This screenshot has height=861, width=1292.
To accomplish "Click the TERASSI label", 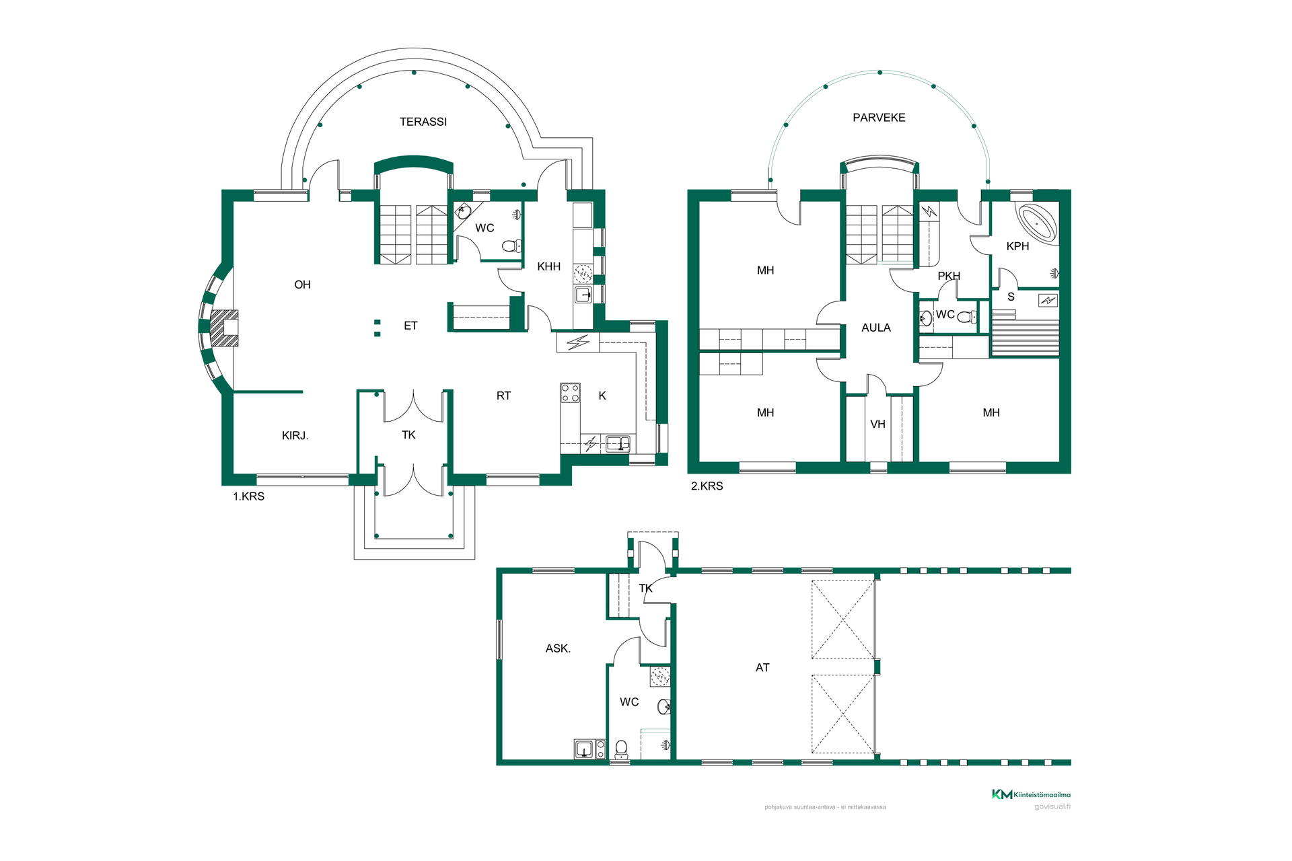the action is (x=423, y=122).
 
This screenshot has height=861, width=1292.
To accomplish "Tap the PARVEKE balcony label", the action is (x=879, y=118).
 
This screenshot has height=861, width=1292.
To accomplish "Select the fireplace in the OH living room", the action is (x=224, y=328).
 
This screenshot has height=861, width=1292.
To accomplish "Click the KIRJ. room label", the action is (x=295, y=436).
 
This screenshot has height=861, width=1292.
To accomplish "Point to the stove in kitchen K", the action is (x=570, y=393).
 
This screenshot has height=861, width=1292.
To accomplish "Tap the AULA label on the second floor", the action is (x=876, y=328).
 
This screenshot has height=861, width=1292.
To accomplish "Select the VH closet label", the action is (x=877, y=424).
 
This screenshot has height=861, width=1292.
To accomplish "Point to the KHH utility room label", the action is (x=549, y=267).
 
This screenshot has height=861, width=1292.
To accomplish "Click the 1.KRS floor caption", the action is (x=249, y=496).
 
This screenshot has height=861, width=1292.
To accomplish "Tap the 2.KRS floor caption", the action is (x=707, y=486).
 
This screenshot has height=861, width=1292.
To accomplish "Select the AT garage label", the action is (x=762, y=668).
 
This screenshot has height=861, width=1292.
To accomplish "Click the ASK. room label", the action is (x=558, y=648).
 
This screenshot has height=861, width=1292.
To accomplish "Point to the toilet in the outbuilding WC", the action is (x=622, y=749).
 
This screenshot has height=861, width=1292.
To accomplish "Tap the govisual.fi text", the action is (x=1052, y=807).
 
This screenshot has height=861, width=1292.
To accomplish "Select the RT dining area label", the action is (x=503, y=396).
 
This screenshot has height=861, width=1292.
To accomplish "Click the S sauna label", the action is (x=1011, y=297).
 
